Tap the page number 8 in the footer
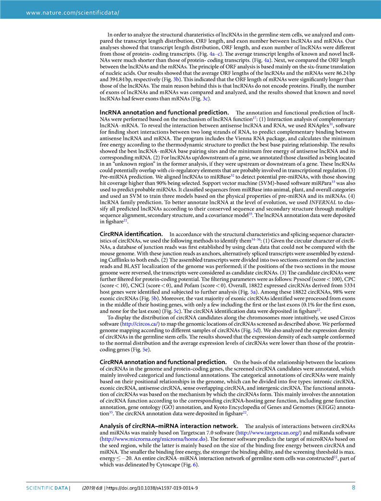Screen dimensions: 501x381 pyautogui.click(x=354, y=489)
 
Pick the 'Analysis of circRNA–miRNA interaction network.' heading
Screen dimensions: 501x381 pyautogui.click(x=168, y=426)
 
